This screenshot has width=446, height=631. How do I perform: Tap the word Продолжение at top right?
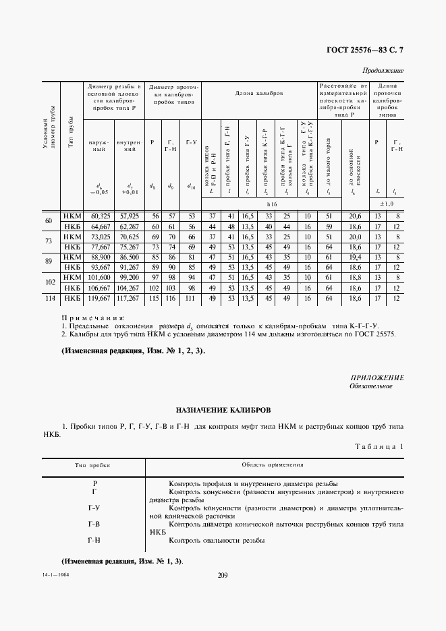click(x=383, y=70)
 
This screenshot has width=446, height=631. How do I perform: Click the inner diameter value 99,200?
click(x=128, y=277)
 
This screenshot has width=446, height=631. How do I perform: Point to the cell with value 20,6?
click(x=352, y=216)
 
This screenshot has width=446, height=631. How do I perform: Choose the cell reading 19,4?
click(x=352, y=257)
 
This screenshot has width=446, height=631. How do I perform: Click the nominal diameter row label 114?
click(x=48, y=297)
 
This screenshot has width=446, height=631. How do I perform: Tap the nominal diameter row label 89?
click(x=48, y=262)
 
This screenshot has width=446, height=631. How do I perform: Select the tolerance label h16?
click(x=272, y=202)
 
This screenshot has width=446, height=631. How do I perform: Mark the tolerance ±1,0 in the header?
click(x=387, y=202)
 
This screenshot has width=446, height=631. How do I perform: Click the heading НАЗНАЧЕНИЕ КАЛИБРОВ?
click(x=223, y=409)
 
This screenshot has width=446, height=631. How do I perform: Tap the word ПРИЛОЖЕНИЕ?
click(x=377, y=377)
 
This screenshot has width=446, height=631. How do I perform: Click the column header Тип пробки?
click(x=92, y=465)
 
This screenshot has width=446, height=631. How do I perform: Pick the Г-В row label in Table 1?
click(x=94, y=523)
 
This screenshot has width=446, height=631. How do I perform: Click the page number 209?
click(x=223, y=574)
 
